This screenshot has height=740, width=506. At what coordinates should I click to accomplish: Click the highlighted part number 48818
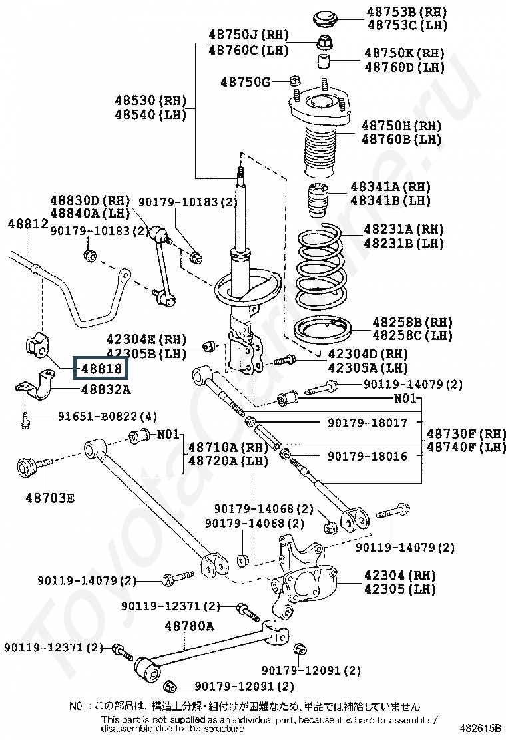pos(101,367)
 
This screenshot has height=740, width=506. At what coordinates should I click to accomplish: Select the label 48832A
pos(106,389)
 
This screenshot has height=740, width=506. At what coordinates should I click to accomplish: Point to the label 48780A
pos(190,626)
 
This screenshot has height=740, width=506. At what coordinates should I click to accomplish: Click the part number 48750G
pos(246,82)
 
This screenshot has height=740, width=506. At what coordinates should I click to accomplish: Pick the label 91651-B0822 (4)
pos(107,417)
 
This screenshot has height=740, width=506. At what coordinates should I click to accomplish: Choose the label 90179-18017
pos(367,423)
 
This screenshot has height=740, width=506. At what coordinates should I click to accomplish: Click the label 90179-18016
pos(367,456)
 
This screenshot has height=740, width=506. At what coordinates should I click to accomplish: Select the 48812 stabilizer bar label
pos(28,224)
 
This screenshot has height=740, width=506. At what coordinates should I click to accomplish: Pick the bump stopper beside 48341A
pos(316,199)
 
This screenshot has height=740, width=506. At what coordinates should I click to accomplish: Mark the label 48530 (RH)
pos(148,100)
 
